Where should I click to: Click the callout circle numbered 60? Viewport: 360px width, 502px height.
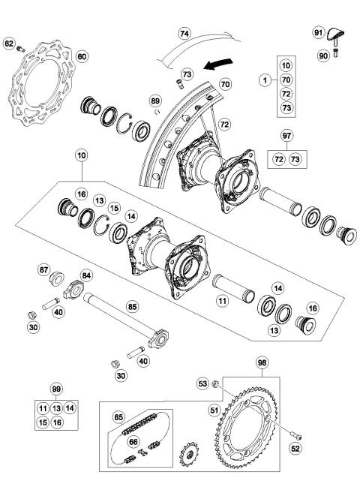82,56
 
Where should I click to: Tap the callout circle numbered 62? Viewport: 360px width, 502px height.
10,44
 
